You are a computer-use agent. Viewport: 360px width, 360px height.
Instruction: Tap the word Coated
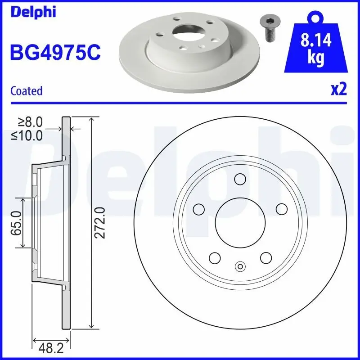[26, 91]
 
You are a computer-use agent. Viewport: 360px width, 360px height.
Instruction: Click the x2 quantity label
[339, 90]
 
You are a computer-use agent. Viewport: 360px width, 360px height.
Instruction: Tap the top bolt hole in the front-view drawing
[239, 179]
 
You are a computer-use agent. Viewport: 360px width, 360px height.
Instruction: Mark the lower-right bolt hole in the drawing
[265, 258]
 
